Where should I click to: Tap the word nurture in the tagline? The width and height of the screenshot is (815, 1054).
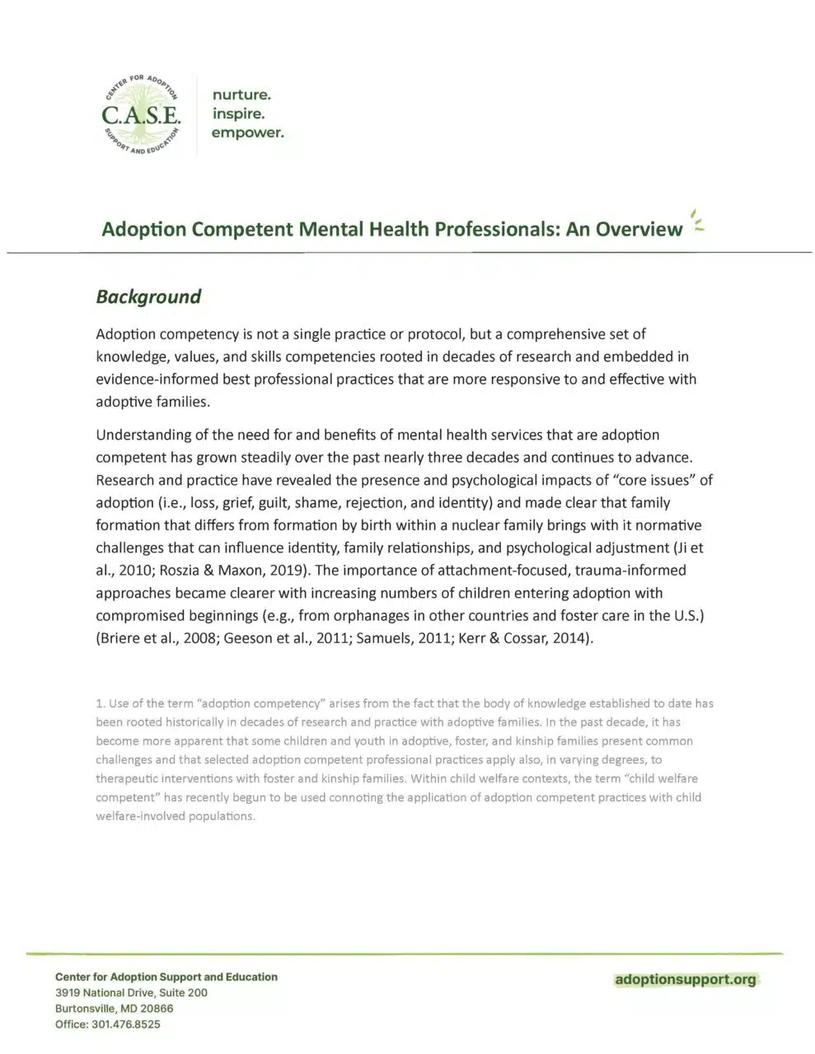241,95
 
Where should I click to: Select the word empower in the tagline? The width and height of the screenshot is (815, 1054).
247,133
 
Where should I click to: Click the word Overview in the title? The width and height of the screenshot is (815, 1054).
639,229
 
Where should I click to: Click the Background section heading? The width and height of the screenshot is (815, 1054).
148,296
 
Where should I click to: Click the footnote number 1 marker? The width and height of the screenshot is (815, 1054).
100,703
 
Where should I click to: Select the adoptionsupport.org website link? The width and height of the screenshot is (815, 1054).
685,979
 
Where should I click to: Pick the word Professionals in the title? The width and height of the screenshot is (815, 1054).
478,229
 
